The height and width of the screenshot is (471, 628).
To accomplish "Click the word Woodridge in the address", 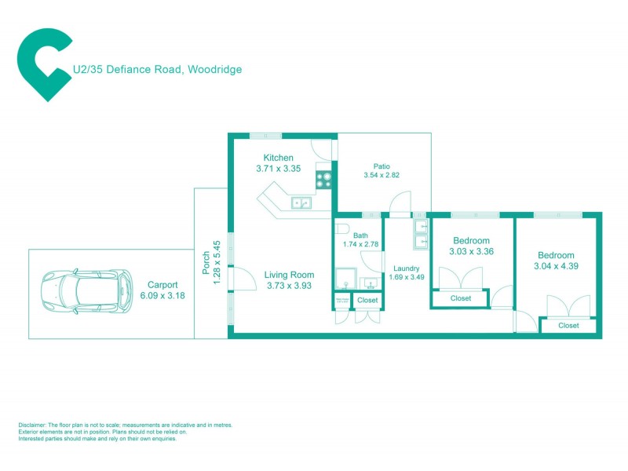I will pos(214,69).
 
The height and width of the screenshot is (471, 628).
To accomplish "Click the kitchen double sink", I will pos(301,203).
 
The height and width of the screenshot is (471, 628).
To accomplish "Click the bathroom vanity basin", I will pos(368,283).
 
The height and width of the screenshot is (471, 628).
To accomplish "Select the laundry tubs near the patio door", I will pos(421,233).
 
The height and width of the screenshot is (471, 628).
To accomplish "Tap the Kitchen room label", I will pos(278,158).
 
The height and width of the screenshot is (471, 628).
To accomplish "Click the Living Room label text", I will pos(289,275).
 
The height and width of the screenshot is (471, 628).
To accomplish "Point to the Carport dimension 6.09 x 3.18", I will pos(162,295).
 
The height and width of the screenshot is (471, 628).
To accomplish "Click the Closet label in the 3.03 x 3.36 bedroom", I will pos(461,298).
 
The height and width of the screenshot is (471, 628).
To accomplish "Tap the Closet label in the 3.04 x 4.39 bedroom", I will pos(568,325).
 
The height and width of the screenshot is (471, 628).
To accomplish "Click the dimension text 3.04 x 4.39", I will pos(556,266).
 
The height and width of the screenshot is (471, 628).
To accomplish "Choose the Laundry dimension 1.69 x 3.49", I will pos(407,276).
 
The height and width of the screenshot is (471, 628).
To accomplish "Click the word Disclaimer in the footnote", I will pos(33,425).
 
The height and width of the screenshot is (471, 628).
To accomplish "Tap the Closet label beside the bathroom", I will pos(367,300).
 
